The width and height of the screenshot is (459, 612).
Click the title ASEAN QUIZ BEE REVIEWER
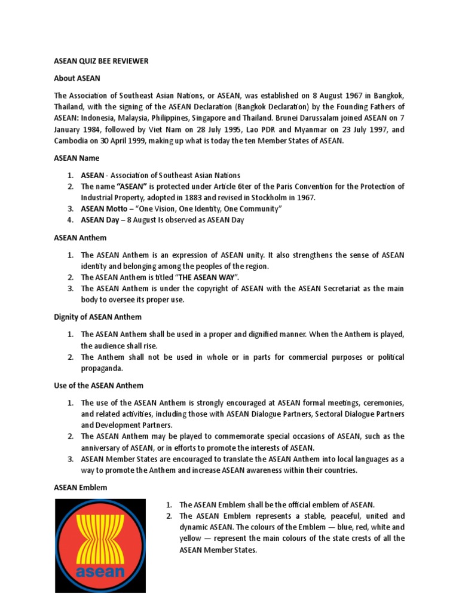(101, 61)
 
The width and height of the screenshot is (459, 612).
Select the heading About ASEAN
(77, 78)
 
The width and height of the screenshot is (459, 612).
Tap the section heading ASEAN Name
(76, 158)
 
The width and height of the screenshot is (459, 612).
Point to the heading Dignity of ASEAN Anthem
(97, 317)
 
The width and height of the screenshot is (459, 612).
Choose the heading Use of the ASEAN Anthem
(99, 385)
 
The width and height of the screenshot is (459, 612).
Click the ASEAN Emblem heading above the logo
(81, 488)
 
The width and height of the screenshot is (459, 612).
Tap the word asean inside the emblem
(100, 571)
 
